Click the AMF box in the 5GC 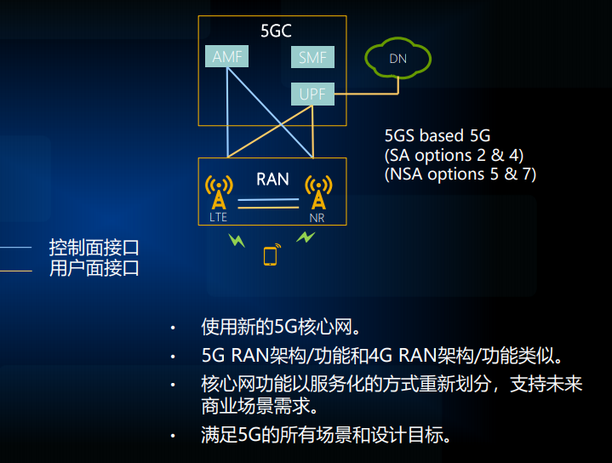click(226, 58)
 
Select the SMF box click(312, 58)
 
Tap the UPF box click(312, 94)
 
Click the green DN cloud click(398, 58)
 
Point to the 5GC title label click(276, 32)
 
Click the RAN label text click(272, 180)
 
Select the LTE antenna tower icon click(219, 192)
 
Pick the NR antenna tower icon click(318, 192)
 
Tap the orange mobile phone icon click(271, 254)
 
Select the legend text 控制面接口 click(94, 248)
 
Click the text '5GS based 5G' click(438, 136)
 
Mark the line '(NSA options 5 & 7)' click(460, 174)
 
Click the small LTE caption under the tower click(219, 217)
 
